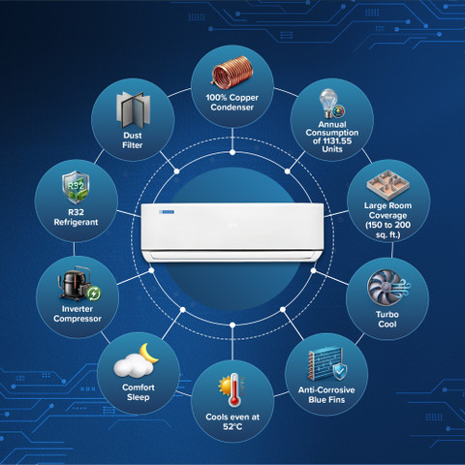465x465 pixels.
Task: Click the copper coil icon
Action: [232, 72]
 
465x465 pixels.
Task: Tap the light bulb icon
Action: [328, 103]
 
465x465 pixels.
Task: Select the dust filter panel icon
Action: [133, 110]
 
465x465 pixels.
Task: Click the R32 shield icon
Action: [76, 187]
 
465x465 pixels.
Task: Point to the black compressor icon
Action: [75, 283]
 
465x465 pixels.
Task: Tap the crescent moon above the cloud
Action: [148, 354]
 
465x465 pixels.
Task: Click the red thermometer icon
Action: [234, 390]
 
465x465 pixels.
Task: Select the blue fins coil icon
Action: [325, 364]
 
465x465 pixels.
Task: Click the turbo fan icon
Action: [385, 288]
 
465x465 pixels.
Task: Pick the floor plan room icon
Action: [387, 185]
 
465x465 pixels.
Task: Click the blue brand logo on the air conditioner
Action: [167, 212]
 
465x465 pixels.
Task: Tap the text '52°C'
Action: [232, 427]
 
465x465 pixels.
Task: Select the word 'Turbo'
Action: [387, 314]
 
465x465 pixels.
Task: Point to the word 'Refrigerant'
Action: [76, 222]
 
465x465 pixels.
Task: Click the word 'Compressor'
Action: [77, 319]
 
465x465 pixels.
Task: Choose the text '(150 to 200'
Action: [387, 225]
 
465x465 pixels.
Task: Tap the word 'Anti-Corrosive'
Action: [326, 390]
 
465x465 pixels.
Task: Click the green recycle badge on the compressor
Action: [94, 294]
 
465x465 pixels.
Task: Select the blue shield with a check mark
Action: [340, 372]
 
